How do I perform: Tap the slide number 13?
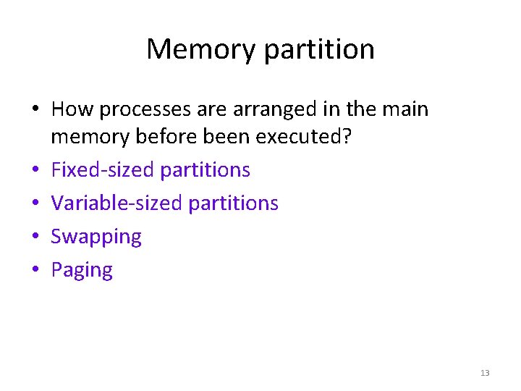(485, 373)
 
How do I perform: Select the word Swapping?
(96, 237)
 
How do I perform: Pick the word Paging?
(82, 271)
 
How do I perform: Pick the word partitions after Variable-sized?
(233, 203)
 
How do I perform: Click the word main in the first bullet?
(405, 109)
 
